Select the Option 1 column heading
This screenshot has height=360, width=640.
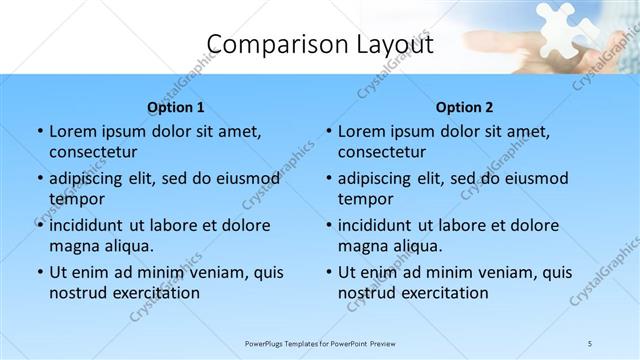[x=176, y=107]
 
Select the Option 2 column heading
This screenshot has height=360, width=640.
[x=465, y=107]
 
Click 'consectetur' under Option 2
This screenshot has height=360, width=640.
[x=382, y=152]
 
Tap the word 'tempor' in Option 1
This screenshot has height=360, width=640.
[x=76, y=199]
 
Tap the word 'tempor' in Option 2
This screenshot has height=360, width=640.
[x=365, y=199]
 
